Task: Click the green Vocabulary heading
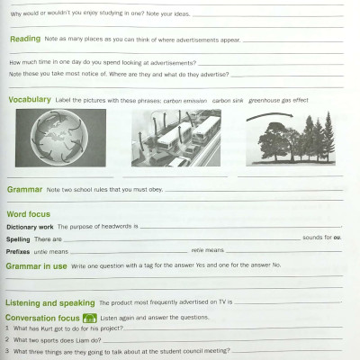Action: (x=30, y=100)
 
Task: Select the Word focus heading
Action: (x=28, y=215)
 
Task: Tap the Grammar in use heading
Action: (x=36, y=266)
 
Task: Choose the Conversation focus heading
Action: (x=42, y=319)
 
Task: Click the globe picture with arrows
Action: (x=59, y=138)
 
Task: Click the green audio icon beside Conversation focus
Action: (x=89, y=319)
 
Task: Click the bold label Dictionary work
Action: (x=30, y=227)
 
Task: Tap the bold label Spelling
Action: (x=18, y=239)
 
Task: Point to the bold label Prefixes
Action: (x=19, y=252)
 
